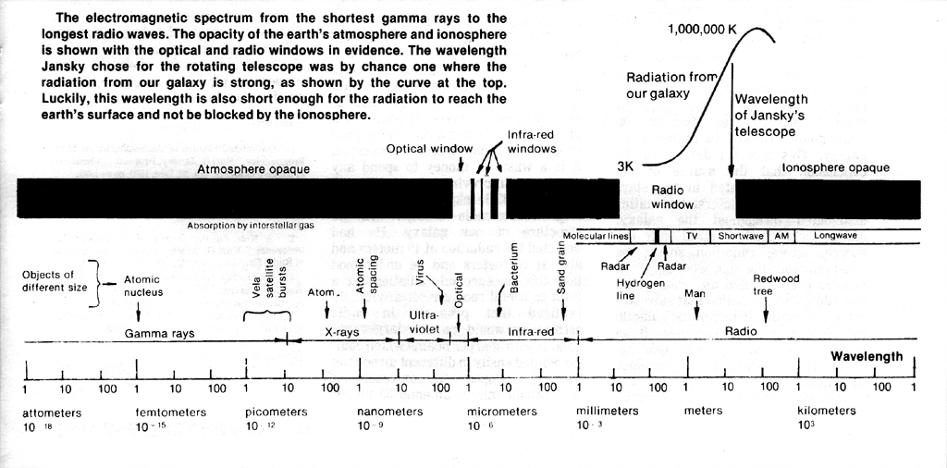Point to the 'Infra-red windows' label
click(531, 142)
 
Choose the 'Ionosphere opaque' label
click(835, 167)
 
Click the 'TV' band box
click(691, 236)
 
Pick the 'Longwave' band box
click(835, 236)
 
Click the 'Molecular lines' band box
click(596, 236)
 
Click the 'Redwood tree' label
click(776, 284)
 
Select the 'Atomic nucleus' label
click(143, 286)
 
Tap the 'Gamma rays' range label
click(159, 333)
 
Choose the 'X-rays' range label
click(342, 332)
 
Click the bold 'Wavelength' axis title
click(867, 356)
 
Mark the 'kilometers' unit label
click(827, 411)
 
